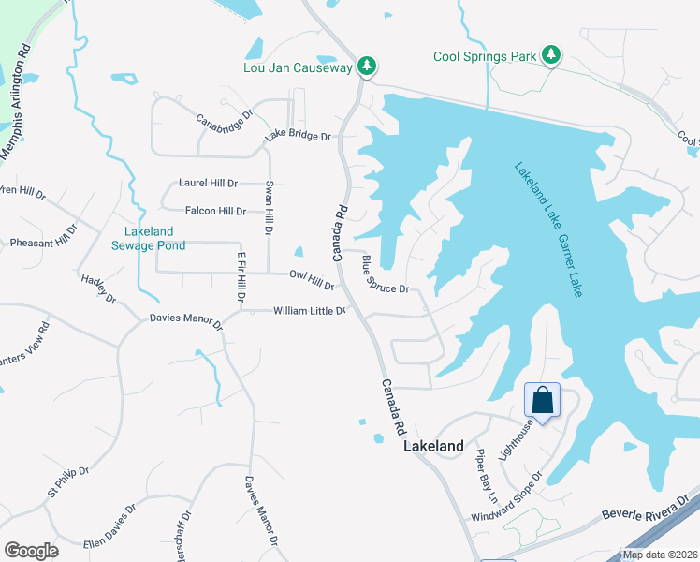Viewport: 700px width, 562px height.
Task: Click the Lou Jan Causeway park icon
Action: pos(369,67)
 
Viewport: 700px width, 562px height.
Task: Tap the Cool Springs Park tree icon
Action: pos(552,55)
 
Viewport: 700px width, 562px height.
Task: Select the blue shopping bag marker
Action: pos(542,401)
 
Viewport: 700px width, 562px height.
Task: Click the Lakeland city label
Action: pos(433,447)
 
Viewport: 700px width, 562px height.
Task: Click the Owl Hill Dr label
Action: pos(312,279)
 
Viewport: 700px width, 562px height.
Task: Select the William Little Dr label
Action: pos(309,310)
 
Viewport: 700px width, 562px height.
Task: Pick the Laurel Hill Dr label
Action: pos(209,183)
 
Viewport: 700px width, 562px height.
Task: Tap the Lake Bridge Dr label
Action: pos(298,137)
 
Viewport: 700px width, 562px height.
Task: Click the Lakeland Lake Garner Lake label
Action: pos(548,229)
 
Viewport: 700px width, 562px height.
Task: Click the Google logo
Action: pos(32,551)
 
